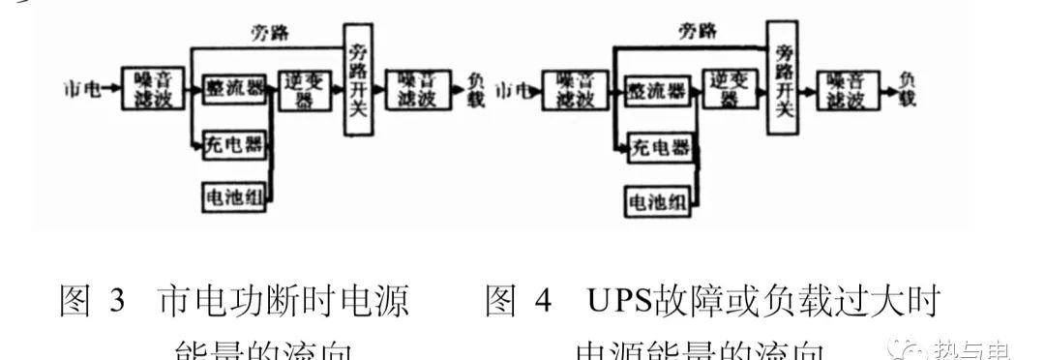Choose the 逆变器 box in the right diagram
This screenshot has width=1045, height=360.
click(729, 91)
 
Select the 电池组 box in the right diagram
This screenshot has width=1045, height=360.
click(658, 201)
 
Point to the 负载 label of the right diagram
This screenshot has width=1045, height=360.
click(907, 89)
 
